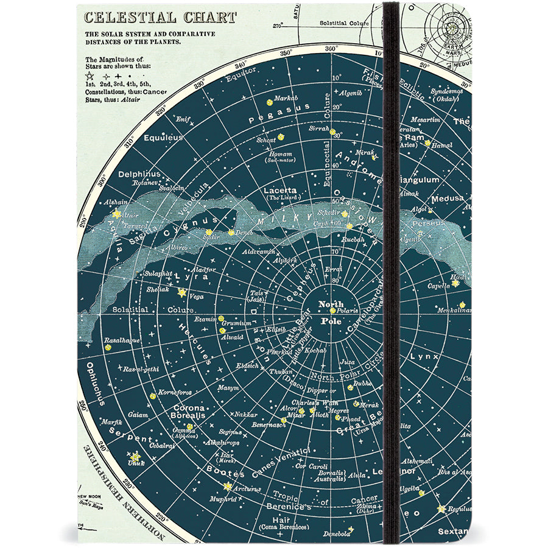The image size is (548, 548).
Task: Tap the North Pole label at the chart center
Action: pyautogui.click(x=331, y=312)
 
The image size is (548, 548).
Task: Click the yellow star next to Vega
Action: pyautogui.click(x=181, y=292)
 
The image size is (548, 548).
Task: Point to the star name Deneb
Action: pyautogui.click(x=243, y=232)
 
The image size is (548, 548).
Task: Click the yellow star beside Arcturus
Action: pyautogui.click(x=228, y=486)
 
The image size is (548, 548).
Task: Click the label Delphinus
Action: pyautogui.click(x=139, y=174)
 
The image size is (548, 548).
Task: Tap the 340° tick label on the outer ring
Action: pyautogui.click(x=242, y=65)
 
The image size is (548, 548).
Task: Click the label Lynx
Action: pyautogui.click(x=420, y=356)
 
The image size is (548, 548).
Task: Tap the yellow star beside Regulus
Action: pyautogui.click(x=440, y=508)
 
